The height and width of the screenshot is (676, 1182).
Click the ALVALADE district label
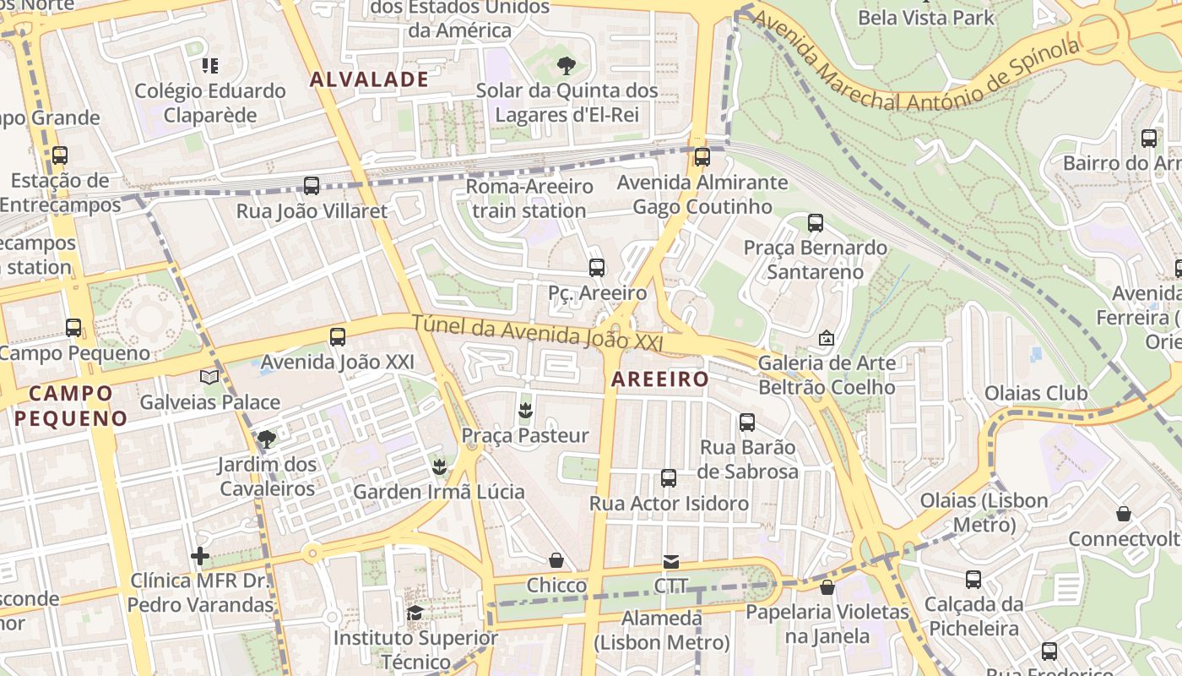(x=369, y=79)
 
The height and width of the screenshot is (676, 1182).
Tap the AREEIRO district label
(x=660, y=379)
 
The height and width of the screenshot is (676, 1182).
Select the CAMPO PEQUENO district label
(x=71, y=406)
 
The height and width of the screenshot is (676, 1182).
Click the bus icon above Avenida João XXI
(x=338, y=337)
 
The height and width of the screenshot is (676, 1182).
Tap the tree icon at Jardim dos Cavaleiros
(x=267, y=439)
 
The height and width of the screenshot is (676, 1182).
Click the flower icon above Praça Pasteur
(x=525, y=411)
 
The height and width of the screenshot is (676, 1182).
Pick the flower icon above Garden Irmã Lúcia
(x=438, y=466)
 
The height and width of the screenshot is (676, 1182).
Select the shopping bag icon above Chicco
(x=556, y=560)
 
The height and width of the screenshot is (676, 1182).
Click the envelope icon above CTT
(x=671, y=561)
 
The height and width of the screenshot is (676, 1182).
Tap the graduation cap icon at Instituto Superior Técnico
(x=415, y=613)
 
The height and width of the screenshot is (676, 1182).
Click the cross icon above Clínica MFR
(x=200, y=556)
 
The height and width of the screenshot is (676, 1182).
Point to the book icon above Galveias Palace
(x=209, y=377)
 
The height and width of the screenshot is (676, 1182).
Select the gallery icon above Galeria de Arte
(x=827, y=338)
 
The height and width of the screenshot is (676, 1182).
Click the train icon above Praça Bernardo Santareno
(x=815, y=223)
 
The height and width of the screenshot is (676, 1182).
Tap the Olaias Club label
(x=1036, y=394)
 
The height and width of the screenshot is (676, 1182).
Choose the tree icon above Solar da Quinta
(x=567, y=65)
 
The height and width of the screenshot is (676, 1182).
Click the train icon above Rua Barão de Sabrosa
(x=747, y=422)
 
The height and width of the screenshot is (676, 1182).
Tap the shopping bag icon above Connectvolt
(x=1124, y=514)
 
